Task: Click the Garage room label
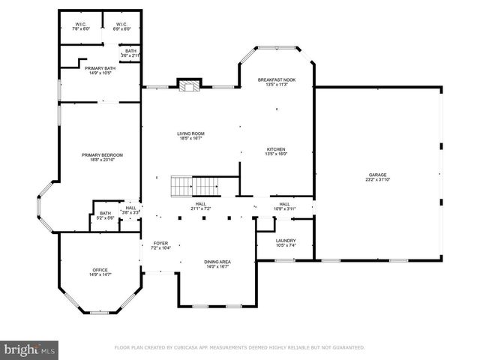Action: pos(377,177)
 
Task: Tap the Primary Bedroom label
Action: pos(102,157)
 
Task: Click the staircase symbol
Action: pos(193,185)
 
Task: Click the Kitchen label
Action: pos(276,151)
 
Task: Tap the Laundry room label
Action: pos(286,242)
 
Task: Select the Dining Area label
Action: pos(217,263)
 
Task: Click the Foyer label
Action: pos(161,245)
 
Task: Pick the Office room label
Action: pos(100,273)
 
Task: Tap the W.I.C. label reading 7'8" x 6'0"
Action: pos(80,27)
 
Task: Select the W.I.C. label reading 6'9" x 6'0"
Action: pos(121,27)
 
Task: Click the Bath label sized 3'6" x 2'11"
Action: pos(130,53)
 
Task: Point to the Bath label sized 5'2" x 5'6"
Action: pos(106,216)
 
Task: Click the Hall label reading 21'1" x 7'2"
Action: pos(201,205)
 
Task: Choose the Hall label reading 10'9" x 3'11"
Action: pos(285,205)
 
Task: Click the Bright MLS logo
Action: pos(29,349)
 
